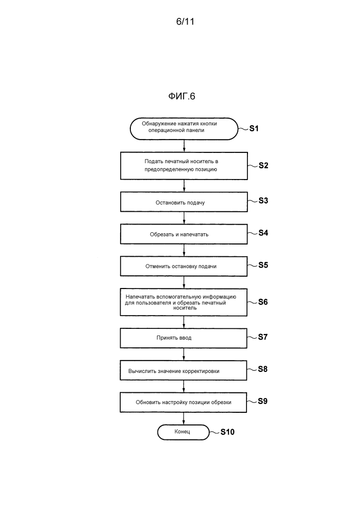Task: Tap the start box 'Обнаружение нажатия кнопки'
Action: click(184, 127)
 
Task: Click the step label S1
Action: click(254, 128)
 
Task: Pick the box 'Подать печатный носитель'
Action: click(184, 165)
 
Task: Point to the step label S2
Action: click(263, 165)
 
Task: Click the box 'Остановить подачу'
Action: click(184, 202)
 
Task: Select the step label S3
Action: click(263, 201)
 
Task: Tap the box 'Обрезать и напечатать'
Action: click(184, 234)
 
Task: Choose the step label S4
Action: click(263, 233)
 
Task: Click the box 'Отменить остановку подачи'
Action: click(184, 266)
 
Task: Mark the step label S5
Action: click(263, 265)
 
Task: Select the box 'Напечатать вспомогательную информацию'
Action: click(184, 302)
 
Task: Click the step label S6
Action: click(263, 301)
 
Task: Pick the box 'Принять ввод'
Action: click(184, 338)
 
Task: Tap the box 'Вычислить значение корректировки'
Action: click(184, 370)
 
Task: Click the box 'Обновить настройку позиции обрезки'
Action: click(184, 402)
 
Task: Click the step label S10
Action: click(228, 432)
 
